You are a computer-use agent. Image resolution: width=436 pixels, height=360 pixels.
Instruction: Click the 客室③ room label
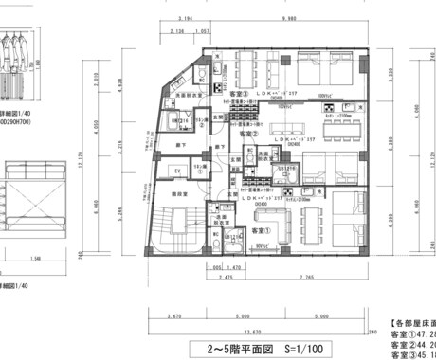[234, 94]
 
